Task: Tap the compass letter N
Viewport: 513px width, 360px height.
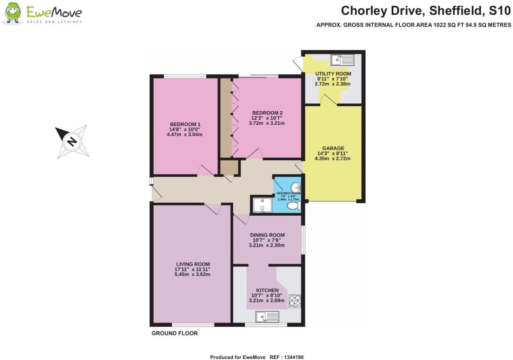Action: pyautogui.click(x=72, y=142)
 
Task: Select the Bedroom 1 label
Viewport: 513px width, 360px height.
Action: pyautogui.click(x=185, y=124)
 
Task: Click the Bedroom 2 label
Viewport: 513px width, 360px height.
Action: pyautogui.click(x=267, y=113)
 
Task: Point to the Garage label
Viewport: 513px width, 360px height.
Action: pyautogui.click(x=333, y=148)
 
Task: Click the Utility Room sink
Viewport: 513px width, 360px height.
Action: pyautogui.click(x=342, y=60)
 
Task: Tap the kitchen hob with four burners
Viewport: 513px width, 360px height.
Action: pyautogui.click(x=295, y=301)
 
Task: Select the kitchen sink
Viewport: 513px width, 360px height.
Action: pyautogui.click(x=267, y=317)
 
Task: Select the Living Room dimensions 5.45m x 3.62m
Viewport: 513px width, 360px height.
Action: pyautogui.click(x=192, y=274)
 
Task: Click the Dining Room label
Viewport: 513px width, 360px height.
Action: pyautogui.click(x=267, y=235)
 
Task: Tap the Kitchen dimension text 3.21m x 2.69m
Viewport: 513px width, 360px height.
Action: pyautogui.click(x=267, y=301)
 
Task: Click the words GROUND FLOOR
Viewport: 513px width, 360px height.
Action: pyautogui.click(x=174, y=333)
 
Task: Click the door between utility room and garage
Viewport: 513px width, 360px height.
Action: pyautogui.click(x=328, y=100)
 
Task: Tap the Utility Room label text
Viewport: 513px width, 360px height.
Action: pyautogui.click(x=333, y=74)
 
